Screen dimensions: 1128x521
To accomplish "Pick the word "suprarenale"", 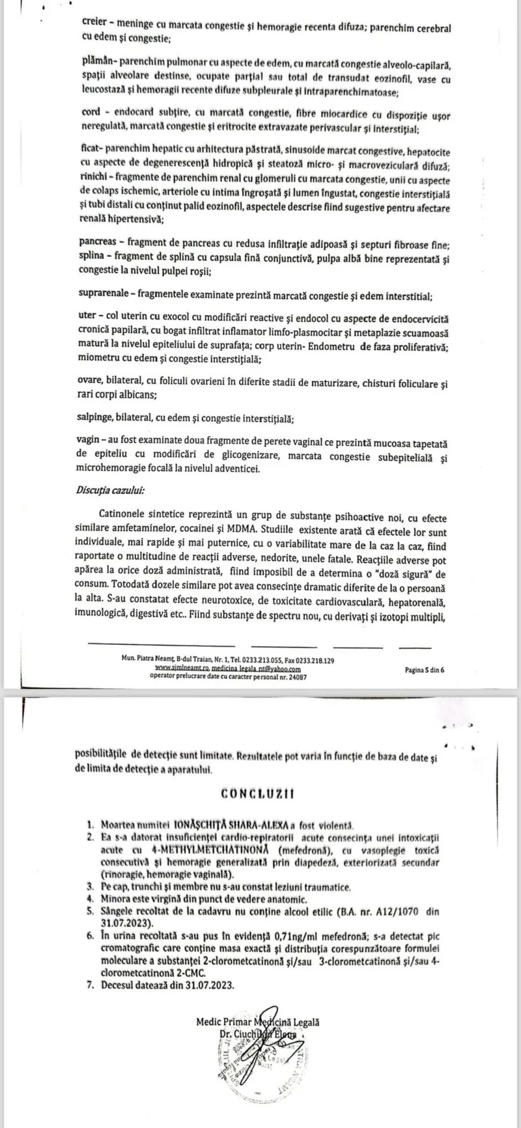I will tap(108, 296).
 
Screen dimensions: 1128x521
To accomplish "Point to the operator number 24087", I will tap(296, 676).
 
